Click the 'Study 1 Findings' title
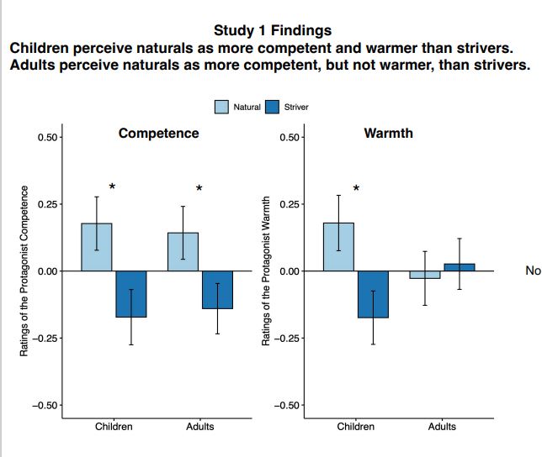click(273, 31)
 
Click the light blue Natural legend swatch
click(222, 107)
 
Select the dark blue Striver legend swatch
click(272, 107)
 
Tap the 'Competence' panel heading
click(158, 134)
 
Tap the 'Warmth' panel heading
click(388, 134)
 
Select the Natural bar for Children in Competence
click(97, 247)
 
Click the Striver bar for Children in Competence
click(130, 294)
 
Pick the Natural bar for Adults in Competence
click(183, 252)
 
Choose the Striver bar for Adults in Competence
click(217, 290)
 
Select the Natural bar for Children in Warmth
click(338, 247)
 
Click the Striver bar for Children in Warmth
click(373, 294)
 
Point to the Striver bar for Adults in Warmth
click(460, 267)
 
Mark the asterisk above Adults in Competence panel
click(199, 188)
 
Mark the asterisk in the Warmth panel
click(356, 188)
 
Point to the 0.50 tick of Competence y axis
click(48, 137)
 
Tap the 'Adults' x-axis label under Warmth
click(442, 427)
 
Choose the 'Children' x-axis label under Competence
click(114, 427)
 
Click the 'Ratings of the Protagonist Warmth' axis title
click(267, 271)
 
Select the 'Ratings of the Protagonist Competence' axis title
click(24, 271)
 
